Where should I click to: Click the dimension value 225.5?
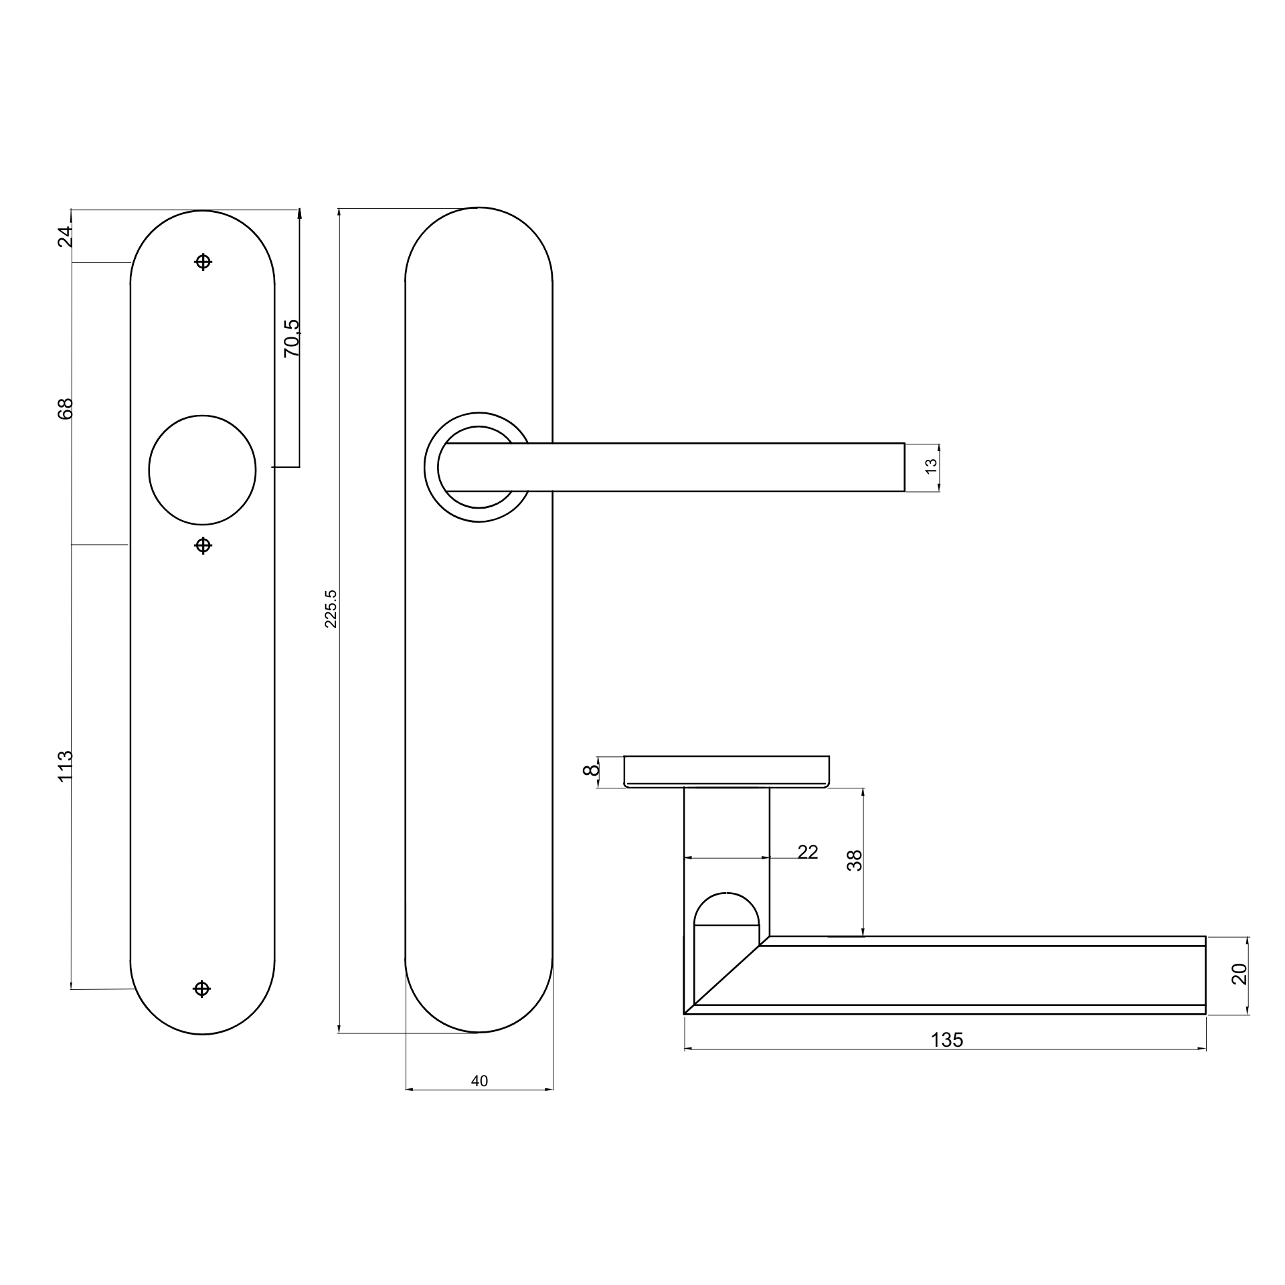pos(331,608)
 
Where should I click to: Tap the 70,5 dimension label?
pos(292,338)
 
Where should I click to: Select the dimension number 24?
pos(64,237)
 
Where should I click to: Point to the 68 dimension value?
pos(64,408)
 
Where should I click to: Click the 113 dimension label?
pos(64,766)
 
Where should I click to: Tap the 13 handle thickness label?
pos(930,467)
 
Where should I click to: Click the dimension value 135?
pos(947,1040)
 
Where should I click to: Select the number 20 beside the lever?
pos(1239,974)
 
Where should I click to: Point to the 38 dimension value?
pos(855,860)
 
